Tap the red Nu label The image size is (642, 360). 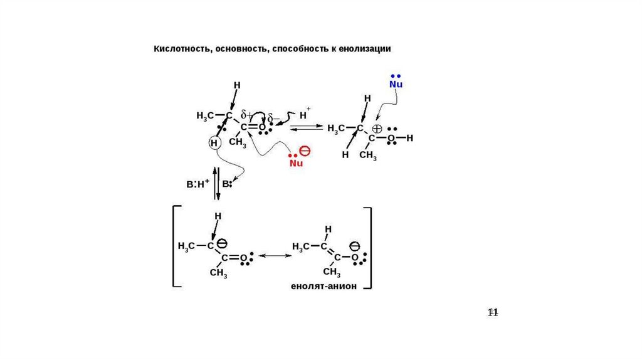pyautogui.click(x=296, y=163)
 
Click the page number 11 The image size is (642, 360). pyautogui.click(x=493, y=312)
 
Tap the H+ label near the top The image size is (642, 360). pyautogui.click(x=305, y=115)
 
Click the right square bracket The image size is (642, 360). pyautogui.click(x=370, y=248)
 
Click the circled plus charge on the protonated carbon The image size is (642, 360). pyautogui.click(x=377, y=128)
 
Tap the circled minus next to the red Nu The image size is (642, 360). pyautogui.click(x=304, y=151)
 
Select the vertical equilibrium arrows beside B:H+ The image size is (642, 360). pyautogui.click(x=216, y=183)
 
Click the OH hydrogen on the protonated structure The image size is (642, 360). pyautogui.click(x=410, y=137)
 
